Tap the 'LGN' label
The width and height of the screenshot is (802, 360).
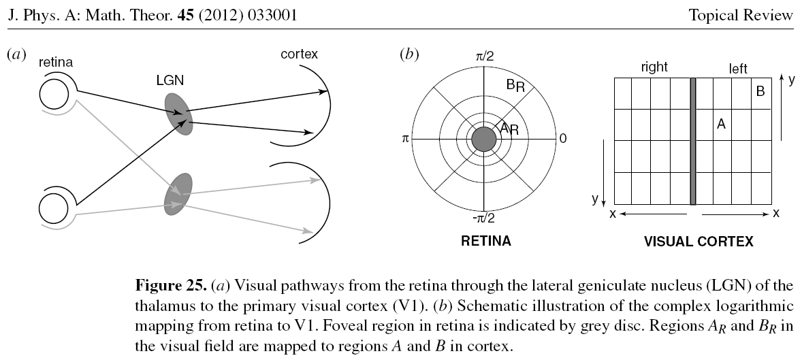(x=170, y=80)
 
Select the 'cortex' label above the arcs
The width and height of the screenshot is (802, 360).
(x=299, y=54)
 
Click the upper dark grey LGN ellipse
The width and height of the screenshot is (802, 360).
(x=178, y=113)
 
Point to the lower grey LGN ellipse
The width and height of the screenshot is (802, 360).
(x=178, y=195)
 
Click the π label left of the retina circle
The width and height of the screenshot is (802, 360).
(x=405, y=138)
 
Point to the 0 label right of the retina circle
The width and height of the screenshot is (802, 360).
(x=562, y=138)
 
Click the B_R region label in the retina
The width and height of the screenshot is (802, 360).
(x=515, y=85)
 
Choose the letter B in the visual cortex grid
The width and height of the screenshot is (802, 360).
(x=760, y=91)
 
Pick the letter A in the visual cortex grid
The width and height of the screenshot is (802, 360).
(x=721, y=124)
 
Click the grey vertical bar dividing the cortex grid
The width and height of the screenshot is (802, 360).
(x=693, y=140)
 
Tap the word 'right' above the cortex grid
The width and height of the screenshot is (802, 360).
(x=654, y=67)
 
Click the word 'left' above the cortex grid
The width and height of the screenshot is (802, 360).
(x=737, y=68)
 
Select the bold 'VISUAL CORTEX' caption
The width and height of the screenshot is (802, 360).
(x=699, y=241)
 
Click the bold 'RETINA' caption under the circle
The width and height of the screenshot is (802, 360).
(x=486, y=240)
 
